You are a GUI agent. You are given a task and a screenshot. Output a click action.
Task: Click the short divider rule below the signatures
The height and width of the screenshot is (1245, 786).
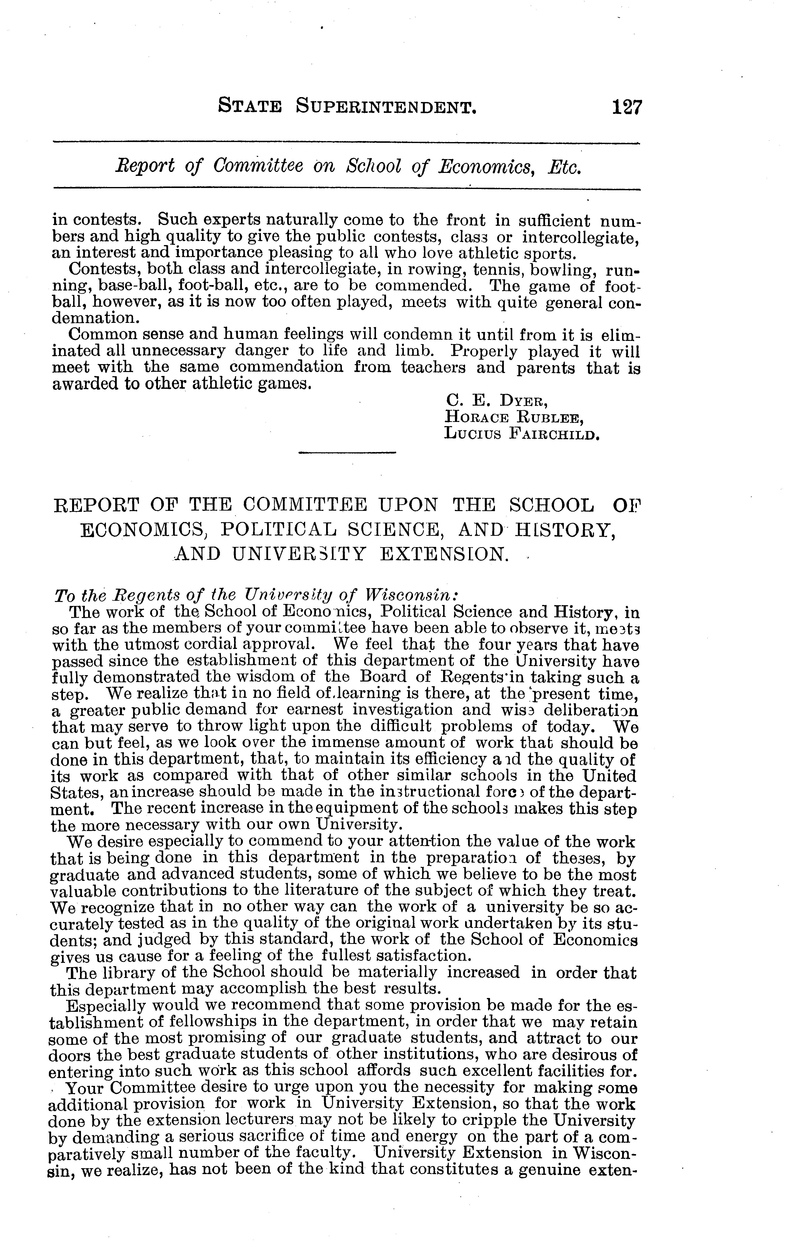coord(347,454)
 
